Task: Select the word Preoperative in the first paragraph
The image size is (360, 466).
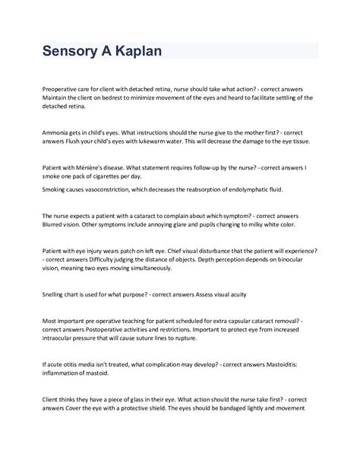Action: [x=63, y=89]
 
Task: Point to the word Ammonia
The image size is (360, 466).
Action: [x=58, y=132]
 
